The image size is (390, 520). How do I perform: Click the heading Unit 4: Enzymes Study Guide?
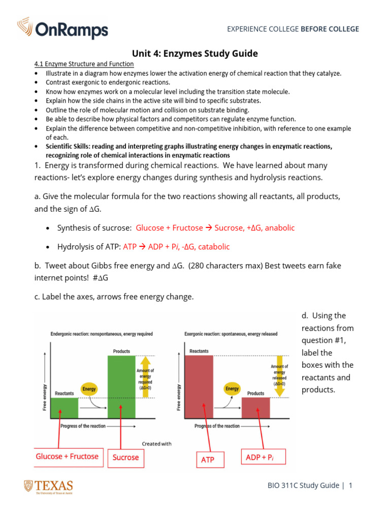195,53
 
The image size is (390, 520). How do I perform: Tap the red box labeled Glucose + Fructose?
67,457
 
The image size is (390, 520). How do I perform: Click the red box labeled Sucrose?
125,457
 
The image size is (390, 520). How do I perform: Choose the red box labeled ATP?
208,460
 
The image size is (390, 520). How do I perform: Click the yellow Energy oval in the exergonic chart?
232,389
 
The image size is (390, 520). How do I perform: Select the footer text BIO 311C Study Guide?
303,485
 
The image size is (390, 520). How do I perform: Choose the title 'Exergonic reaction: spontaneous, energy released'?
232,334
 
